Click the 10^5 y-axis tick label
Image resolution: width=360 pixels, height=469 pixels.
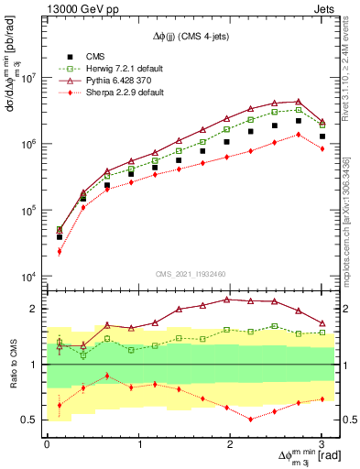tap(27, 211)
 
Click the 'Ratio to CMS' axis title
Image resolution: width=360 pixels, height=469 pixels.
tap(12, 364)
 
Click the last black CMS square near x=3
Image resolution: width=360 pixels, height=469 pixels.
tap(322, 136)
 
